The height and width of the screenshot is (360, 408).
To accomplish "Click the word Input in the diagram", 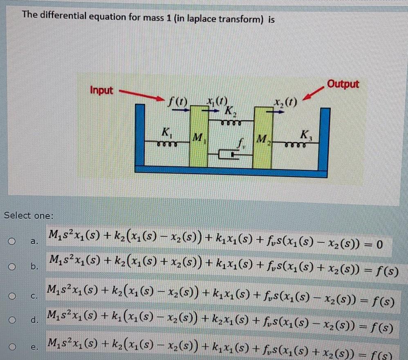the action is point(102,90).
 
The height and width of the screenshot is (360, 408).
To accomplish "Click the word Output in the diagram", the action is point(343,84).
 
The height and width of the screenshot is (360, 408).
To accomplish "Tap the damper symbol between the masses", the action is point(225,154).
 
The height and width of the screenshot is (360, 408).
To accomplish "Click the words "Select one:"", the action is point(27,215).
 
